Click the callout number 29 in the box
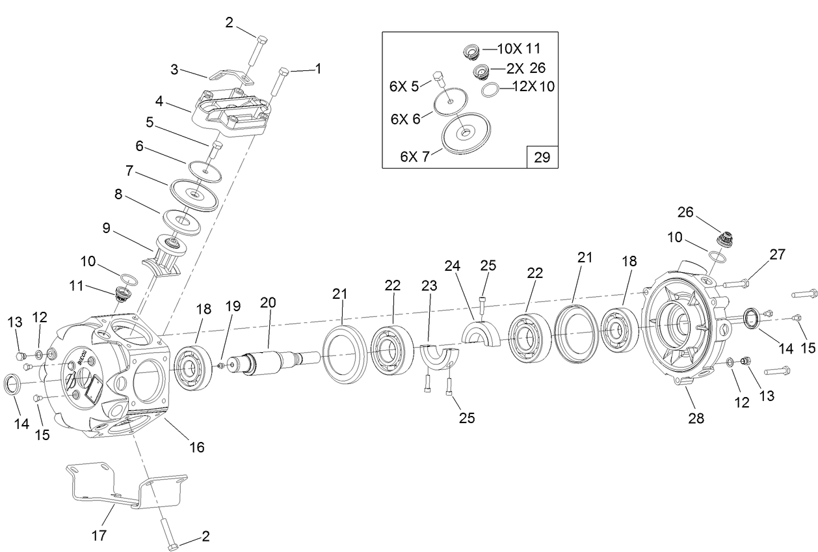[x=541, y=157]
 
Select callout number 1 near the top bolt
[x=318, y=68]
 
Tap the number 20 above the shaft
[x=268, y=303]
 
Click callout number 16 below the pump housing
[x=196, y=447]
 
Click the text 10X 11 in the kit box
[x=518, y=49]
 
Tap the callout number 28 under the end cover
[x=696, y=418]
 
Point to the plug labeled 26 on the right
[x=724, y=240]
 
